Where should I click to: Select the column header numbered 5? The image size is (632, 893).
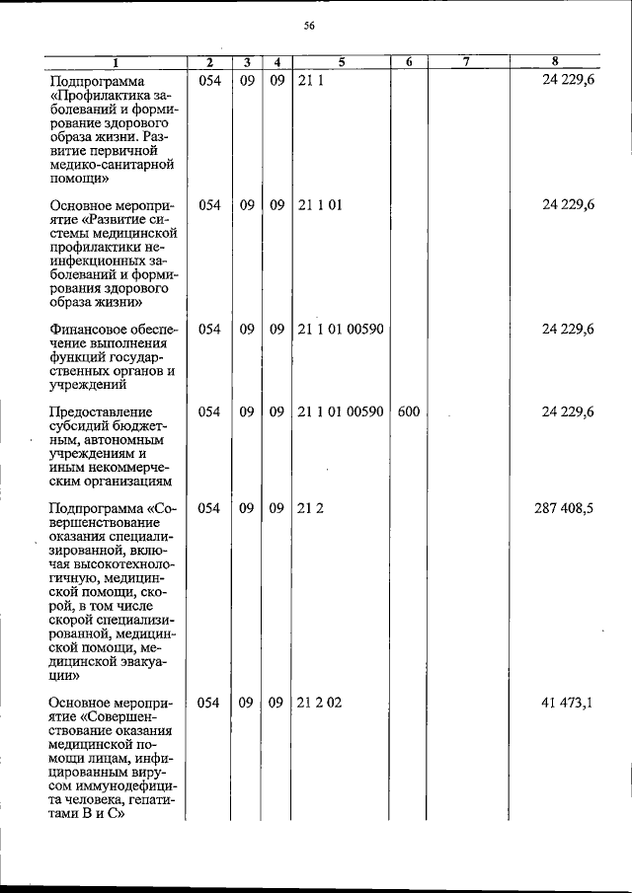341,63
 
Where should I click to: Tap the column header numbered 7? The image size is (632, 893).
465,63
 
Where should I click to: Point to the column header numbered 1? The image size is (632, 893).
115,63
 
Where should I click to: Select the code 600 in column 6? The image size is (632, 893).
409,411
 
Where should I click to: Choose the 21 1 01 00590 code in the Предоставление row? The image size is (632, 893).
340,411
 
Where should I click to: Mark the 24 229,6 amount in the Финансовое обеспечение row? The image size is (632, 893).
568,330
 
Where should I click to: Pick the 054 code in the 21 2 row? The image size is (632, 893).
208,509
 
